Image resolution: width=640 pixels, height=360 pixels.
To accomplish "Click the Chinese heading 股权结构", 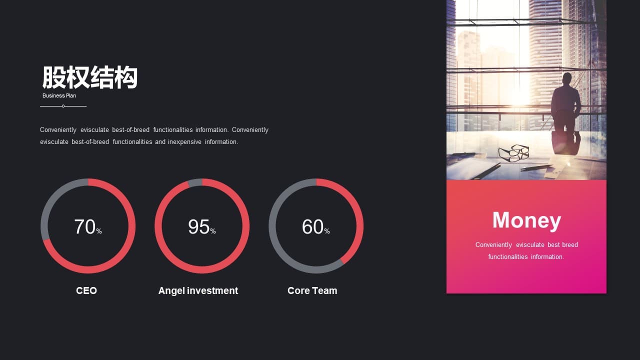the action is (90, 77).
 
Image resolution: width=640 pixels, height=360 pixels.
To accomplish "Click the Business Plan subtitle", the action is (59, 95).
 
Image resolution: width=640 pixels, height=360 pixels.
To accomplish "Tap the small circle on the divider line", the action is (63, 106).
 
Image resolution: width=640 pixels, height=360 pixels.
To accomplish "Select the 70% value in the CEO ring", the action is (88, 227).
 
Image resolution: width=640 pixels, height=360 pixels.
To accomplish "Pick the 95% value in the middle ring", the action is (201, 227).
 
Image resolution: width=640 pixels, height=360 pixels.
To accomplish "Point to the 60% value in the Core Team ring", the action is (315, 227).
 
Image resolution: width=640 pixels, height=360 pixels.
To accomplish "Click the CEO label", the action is (86, 290).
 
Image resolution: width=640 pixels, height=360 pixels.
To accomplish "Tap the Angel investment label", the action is (198, 291).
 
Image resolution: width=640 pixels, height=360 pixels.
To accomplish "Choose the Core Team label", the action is (312, 290).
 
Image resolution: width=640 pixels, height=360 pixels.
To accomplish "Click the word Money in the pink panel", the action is (526, 220).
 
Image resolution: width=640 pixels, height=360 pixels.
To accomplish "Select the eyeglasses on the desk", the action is (513, 153).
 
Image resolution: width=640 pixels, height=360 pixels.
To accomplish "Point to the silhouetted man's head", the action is (567, 79).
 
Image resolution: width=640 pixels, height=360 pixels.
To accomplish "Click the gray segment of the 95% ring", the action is (195, 182).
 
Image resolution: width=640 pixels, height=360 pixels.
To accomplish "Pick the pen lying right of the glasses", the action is (536, 167).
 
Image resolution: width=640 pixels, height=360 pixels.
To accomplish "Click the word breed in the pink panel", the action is (570, 245).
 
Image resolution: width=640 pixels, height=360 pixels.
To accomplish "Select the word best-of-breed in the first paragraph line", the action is (130, 129).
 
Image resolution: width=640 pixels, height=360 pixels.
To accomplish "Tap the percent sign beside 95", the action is (213, 231).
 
